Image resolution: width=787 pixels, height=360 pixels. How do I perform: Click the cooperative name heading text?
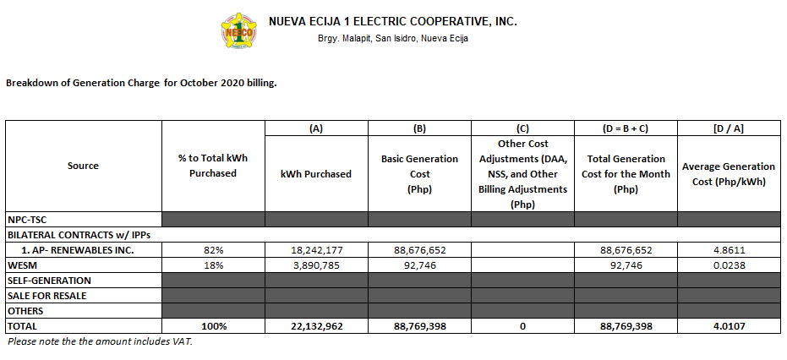pyautogui.click(x=392, y=21)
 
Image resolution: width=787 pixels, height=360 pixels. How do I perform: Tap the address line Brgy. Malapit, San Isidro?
pyautogui.click(x=392, y=39)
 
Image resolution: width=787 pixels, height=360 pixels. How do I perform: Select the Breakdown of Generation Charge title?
pyautogui.click(x=141, y=84)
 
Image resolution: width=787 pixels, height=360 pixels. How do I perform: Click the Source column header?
pyautogui.click(x=83, y=166)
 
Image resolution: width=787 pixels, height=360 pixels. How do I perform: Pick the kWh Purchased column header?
pyautogui.click(x=316, y=174)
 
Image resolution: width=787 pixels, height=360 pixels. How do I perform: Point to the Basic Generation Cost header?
pyautogui.click(x=419, y=173)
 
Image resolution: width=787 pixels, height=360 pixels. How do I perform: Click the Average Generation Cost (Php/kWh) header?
pyautogui.click(x=729, y=174)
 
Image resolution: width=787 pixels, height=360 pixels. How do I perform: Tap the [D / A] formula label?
pyautogui.click(x=728, y=128)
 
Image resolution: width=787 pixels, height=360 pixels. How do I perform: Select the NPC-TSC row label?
pyautogui.click(x=27, y=219)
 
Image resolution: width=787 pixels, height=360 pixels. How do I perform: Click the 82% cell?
pyautogui.click(x=213, y=250)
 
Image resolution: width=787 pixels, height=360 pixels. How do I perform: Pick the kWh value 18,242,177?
pyautogui.click(x=316, y=250)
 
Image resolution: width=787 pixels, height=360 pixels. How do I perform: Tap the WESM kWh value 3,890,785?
pyautogui.click(x=316, y=265)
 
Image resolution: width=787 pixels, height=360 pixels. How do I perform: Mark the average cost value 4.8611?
pyautogui.click(x=728, y=250)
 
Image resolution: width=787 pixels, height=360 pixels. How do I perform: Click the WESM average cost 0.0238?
pyautogui.click(x=728, y=265)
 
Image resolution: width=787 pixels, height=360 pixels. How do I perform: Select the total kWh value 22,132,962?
pyautogui.click(x=316, y=325)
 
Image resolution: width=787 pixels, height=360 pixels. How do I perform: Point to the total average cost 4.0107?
pyautogui.click(x=728, y=325)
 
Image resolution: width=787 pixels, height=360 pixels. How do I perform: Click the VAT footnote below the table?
pyautogui.click(x=101, y=342)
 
